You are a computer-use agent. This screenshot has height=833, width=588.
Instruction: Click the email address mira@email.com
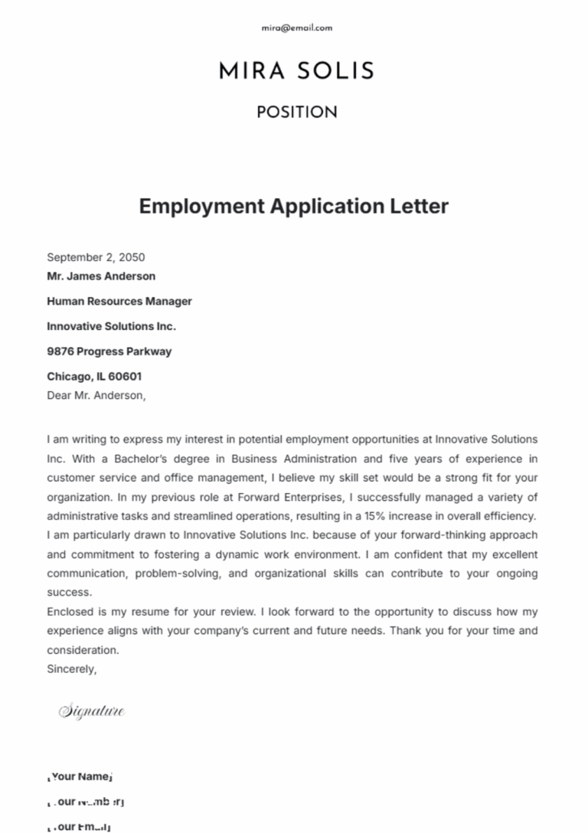[x=296, y=28]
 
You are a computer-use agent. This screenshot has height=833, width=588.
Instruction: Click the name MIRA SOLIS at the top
[x=296, y=71]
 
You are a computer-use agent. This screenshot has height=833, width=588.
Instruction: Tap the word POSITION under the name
[x=296, y=113]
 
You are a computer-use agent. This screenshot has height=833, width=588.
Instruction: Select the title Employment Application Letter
[x=293, y=206]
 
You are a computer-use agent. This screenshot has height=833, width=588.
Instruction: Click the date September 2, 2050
[x=96, y=257]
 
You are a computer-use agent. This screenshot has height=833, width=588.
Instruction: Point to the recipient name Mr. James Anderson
[x=101, y=276]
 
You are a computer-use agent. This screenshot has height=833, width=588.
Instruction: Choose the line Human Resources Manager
[x=119, y=302]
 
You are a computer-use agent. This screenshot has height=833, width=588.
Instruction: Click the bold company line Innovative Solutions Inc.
[x=111, y=326]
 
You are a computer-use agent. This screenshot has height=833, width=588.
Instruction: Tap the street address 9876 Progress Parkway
[x=109, y=351]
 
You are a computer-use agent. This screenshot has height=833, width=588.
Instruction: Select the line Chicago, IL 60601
[x=94, y=377]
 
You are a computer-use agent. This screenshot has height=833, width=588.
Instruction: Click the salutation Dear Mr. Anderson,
[x=96, y=395]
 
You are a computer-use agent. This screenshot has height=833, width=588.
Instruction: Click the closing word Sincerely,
[x=72, y=668]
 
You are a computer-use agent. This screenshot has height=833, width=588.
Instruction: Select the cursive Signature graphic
[x=92, y=712]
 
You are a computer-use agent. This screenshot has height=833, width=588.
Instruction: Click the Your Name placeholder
[x=80, y=776]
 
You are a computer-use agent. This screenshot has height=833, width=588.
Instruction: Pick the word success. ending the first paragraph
[x=69, y=592]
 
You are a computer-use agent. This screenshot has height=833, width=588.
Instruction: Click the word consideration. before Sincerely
[x=83, y=650]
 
